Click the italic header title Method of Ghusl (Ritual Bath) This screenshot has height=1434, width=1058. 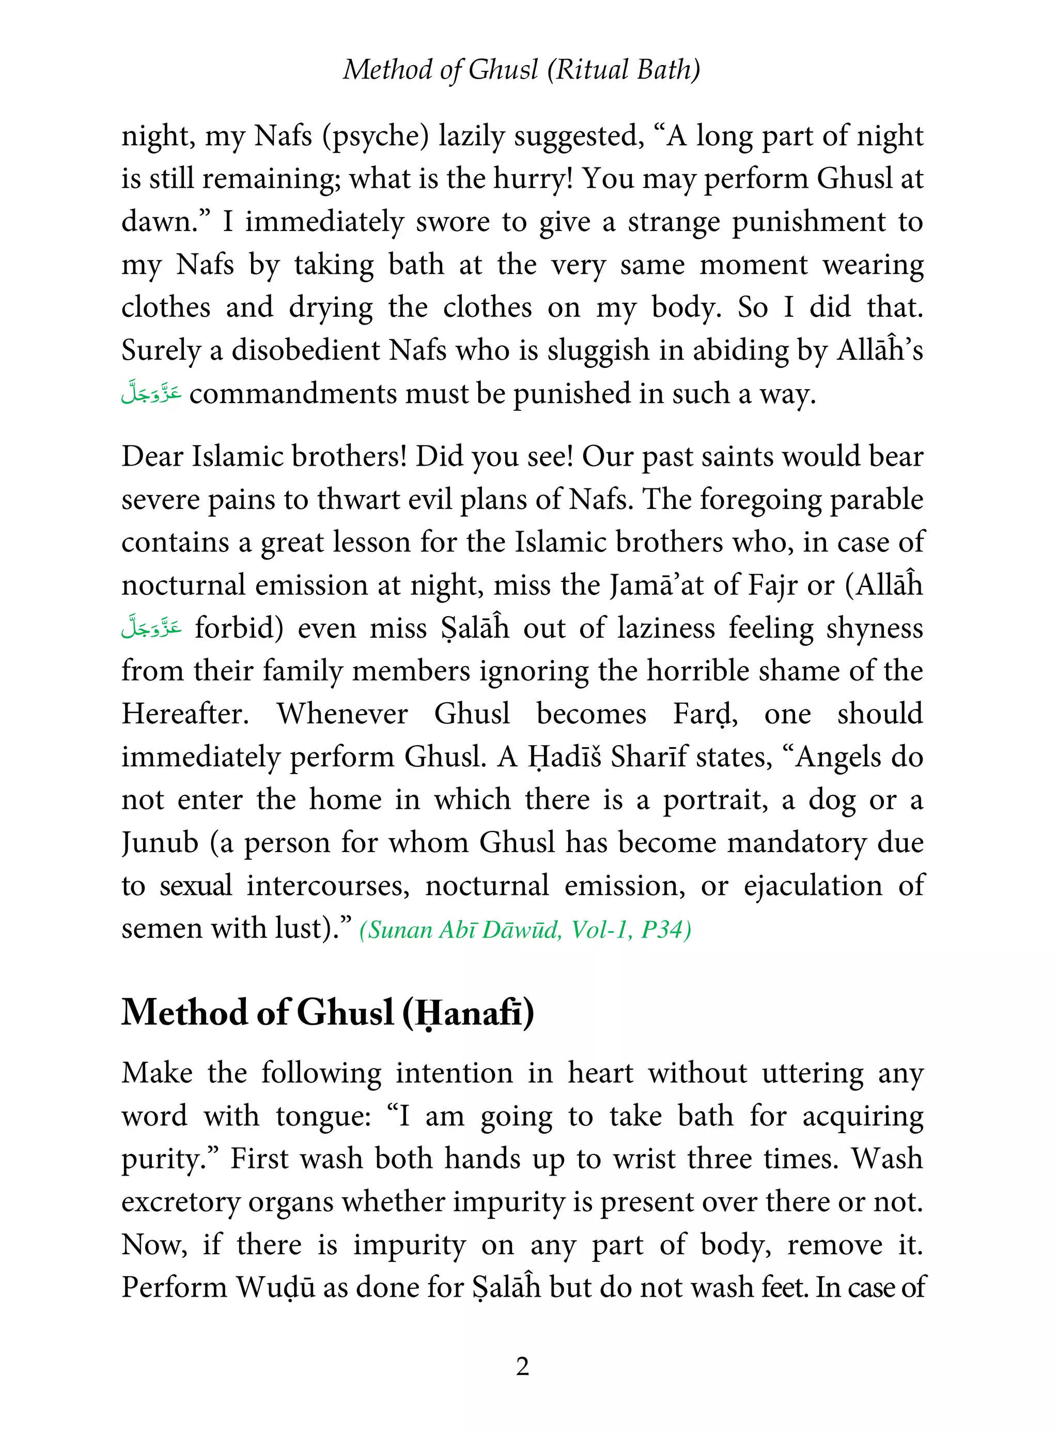click(x=521, y=69)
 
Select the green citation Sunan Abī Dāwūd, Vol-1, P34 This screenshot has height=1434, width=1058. click(x=525, y=929)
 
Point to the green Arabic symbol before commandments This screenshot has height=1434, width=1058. click(x=151, y=393)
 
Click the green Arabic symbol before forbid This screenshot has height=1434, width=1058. click(x=151, y=628)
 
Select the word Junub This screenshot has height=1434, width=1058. click(x=160, y=843)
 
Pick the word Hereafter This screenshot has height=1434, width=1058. click(x=185, y=714)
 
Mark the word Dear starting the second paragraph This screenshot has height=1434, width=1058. click(x=152, y=457)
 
